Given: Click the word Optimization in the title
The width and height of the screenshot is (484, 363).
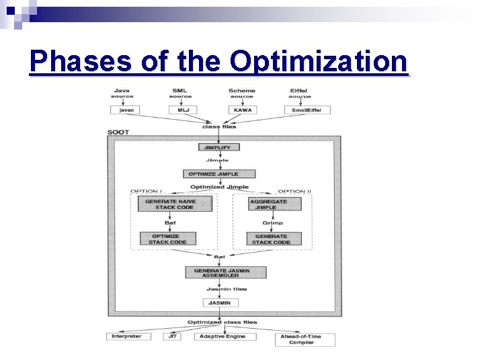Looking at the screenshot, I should tap(319, 62).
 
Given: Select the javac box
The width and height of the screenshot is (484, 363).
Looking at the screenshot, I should tap(125, 110).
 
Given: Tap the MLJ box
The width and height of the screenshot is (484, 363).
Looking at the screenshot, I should tap(182, 110).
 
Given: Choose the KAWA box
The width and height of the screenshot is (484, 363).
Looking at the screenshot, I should tap(242, 110).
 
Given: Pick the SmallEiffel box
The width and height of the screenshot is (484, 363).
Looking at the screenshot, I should tap(307, 110).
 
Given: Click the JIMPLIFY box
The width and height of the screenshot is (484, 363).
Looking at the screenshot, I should tap(218, 147).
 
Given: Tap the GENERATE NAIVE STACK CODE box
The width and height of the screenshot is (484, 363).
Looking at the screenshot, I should tap(175, 204).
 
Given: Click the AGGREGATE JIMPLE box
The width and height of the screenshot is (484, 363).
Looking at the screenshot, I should tap(268, 204).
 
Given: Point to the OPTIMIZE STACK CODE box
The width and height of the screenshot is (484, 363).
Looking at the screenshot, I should tap(167, 239).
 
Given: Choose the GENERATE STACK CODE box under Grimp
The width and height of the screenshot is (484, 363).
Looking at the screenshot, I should tap(272, 239).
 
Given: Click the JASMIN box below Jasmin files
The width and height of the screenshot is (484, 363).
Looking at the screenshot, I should tap(218, 303).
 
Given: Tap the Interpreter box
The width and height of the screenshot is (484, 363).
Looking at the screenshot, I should tap(127, 336).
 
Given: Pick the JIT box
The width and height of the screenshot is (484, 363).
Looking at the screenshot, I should tap(171, 336).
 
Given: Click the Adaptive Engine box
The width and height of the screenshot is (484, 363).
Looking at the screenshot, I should tap(222, 336).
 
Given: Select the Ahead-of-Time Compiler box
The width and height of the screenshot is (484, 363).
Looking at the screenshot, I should tap(301, 339).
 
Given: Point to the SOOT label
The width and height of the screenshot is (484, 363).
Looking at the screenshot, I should tap(118, 132).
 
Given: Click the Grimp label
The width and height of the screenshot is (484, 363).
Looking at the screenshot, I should tap(272, 223).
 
